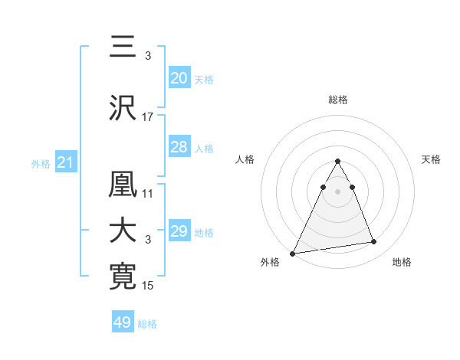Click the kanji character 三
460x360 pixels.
123,48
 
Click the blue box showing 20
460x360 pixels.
179,78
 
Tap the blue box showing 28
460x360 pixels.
179,147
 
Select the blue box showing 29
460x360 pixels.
179,231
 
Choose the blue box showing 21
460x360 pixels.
66,162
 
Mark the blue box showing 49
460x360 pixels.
123,322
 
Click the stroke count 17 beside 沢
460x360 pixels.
148,117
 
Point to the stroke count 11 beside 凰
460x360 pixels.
148,194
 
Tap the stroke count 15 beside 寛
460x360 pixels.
148,286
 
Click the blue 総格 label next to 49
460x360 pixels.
147,324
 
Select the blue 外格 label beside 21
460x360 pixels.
41,164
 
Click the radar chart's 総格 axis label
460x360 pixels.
337,100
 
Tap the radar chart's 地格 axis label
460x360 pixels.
402,263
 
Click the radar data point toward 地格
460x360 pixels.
374,242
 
